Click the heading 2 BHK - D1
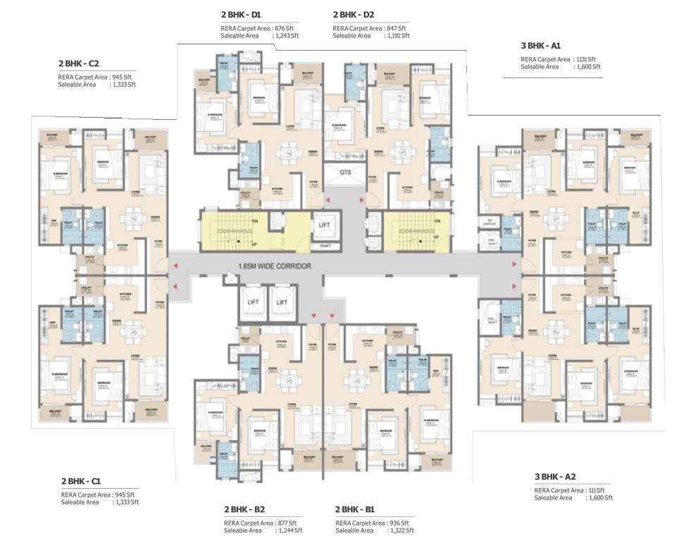[242, 14]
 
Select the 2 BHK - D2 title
[354, 14]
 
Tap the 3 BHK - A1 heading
[540, 46]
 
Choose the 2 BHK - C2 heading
[78, 63]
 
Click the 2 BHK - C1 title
[81, 481]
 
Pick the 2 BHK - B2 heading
[244, 509]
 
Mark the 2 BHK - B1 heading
[355, 509]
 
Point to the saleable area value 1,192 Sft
[398, 35]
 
